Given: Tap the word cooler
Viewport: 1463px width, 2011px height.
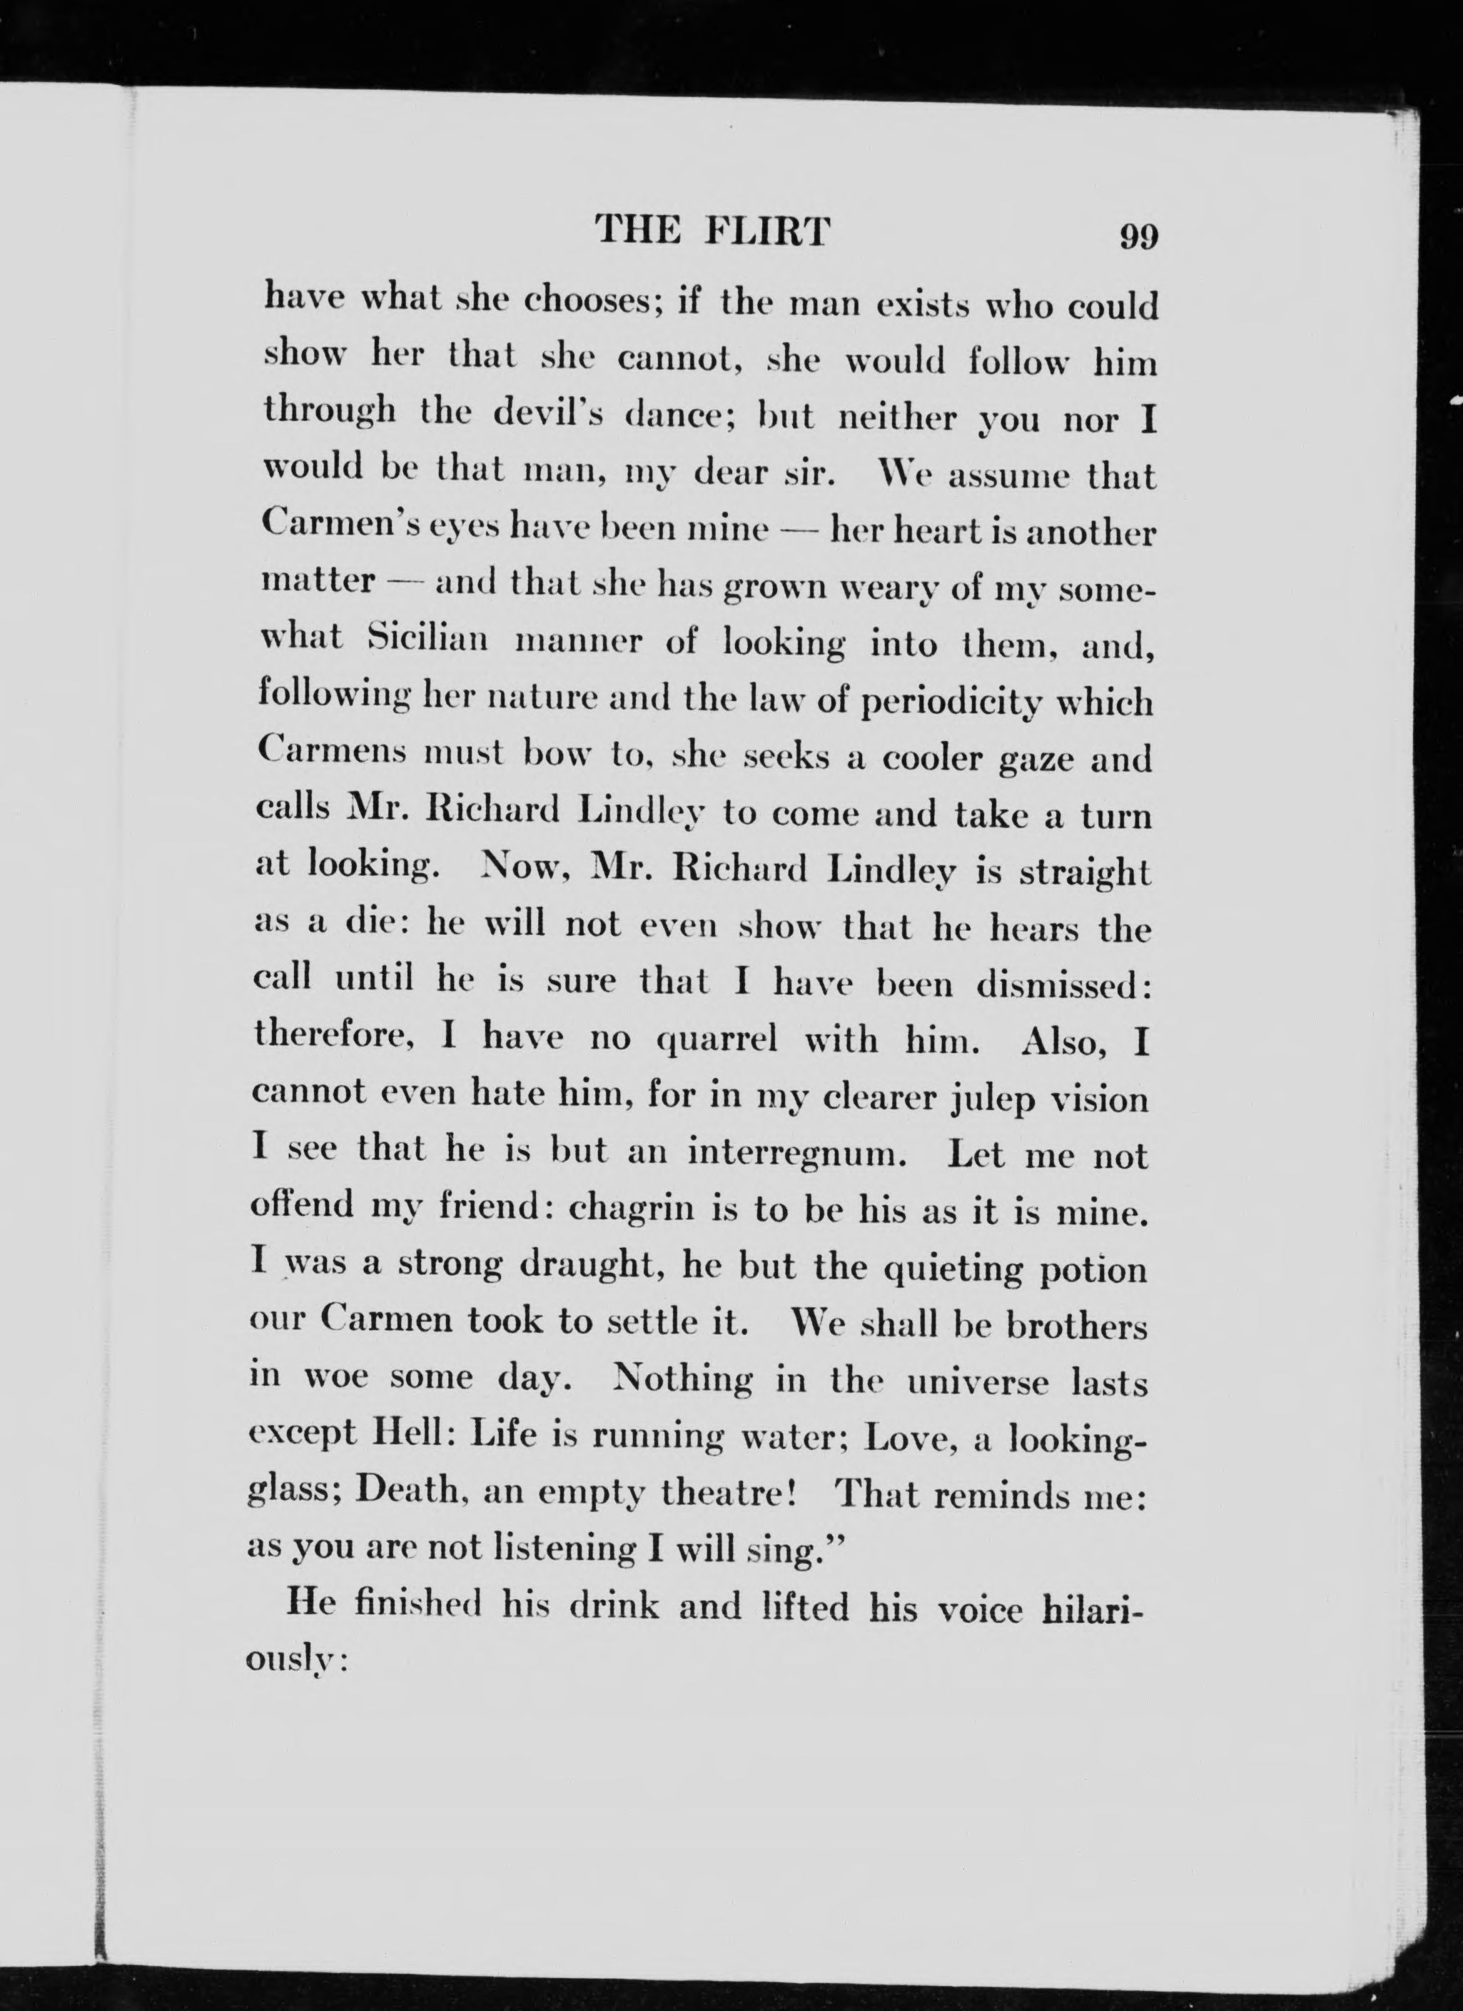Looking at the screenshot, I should (x=939, y=760).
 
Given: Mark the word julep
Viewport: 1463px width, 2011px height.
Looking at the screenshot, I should (x=991, y=1100).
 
